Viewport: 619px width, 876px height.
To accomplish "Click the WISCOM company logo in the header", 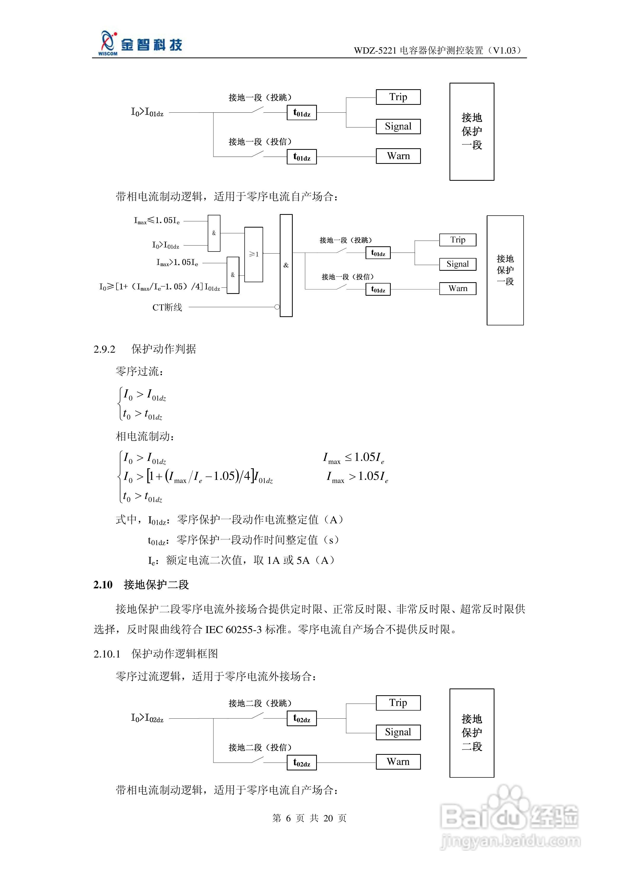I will [x=139, y=44].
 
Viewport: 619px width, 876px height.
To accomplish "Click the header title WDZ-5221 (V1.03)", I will [x=438, y=50].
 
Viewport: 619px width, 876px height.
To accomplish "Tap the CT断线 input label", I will [x=167, y=307].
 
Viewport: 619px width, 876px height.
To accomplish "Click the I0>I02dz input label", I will [x=147, y=718].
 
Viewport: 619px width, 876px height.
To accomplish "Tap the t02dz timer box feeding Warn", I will [x=301, y=763].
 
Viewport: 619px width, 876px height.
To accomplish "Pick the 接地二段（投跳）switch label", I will [x=260, y=703].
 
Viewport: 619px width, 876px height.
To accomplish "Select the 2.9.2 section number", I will [x=104, y=349].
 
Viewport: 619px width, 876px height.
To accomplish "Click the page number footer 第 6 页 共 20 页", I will [x=309, y=818].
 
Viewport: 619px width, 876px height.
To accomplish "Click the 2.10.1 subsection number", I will [x=107, y=654].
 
